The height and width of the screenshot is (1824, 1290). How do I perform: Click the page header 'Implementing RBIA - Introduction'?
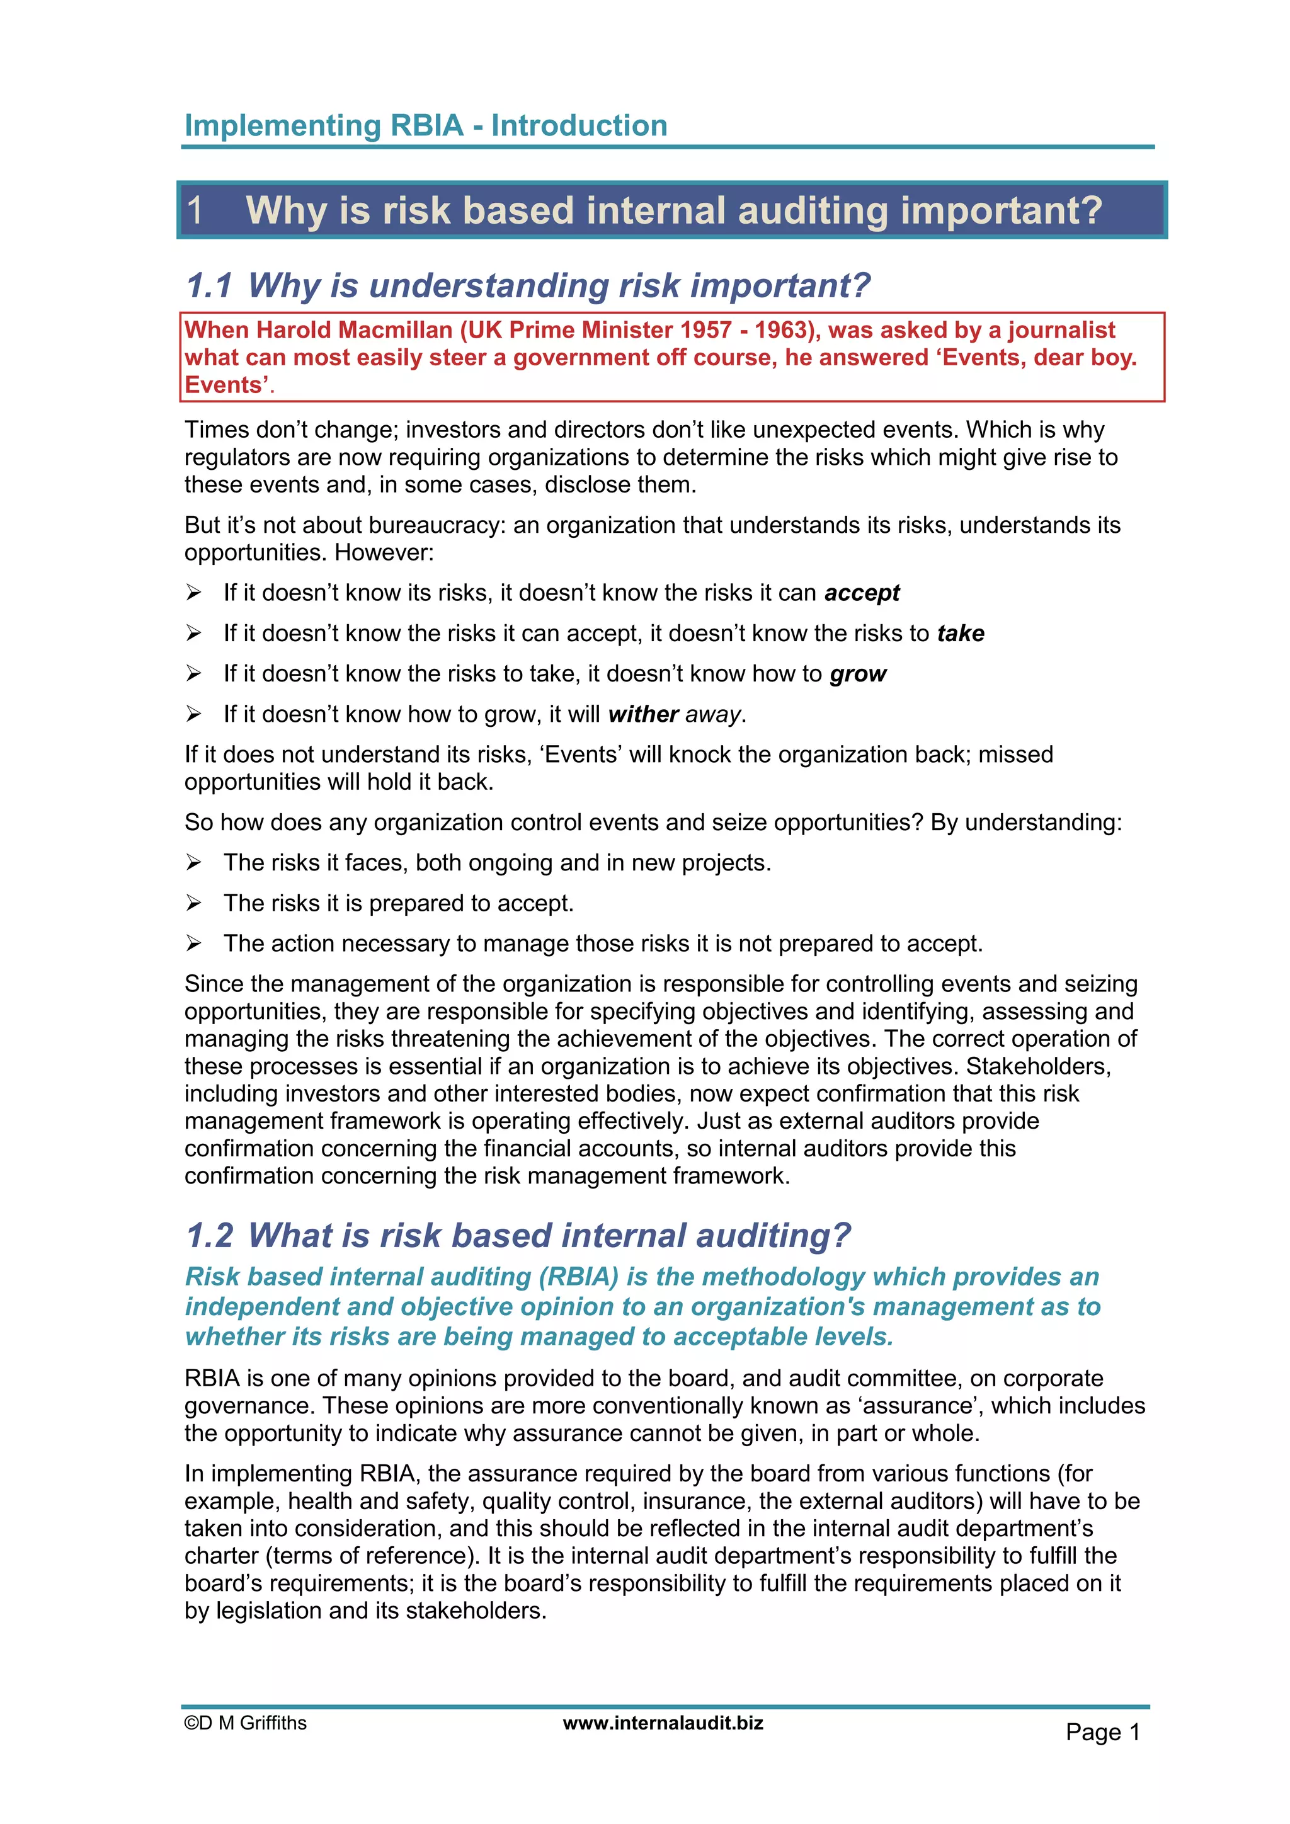[426, 125]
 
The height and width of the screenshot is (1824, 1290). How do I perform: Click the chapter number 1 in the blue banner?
[195, 210]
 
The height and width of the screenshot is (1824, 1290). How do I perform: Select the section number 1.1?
[209, 285]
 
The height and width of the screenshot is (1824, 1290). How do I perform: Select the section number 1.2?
[210, 1235]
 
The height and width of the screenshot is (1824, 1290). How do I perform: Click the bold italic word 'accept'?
[862, 593]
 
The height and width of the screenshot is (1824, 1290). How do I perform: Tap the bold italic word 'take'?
[961, 633]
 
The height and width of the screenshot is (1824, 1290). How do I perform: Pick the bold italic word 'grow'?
[858, 674]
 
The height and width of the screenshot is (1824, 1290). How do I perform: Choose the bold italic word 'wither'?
[643, 714]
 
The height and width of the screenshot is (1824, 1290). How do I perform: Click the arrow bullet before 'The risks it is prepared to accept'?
[193, 903]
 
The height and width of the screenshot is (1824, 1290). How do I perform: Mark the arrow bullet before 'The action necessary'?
[193, 943]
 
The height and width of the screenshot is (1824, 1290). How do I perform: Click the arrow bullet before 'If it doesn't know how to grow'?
[193, 714]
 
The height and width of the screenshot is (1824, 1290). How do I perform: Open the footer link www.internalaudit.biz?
[663, 1723]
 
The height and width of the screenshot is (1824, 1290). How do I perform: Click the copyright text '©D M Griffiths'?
[246, 1723]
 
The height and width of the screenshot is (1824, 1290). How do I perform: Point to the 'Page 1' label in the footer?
[1102, 1732]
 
